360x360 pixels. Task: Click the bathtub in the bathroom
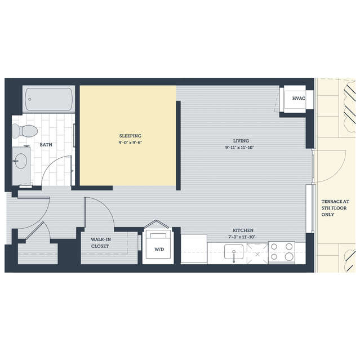48,99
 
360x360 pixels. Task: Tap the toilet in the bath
25,131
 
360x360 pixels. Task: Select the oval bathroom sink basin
21,161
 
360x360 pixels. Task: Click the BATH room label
46,145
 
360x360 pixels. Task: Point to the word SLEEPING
130,136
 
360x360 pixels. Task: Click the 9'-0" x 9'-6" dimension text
130,143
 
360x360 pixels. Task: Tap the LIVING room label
241,141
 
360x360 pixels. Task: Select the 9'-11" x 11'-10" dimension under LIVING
239,148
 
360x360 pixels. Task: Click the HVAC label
299,98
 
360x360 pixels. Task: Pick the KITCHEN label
243,230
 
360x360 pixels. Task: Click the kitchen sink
234,252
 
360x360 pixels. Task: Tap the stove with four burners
282,252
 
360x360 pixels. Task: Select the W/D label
159,250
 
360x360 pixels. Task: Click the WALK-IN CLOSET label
101,243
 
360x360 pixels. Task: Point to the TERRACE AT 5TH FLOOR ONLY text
335,208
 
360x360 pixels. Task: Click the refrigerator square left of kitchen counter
194,249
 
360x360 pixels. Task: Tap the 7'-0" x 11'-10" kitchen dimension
242,237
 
